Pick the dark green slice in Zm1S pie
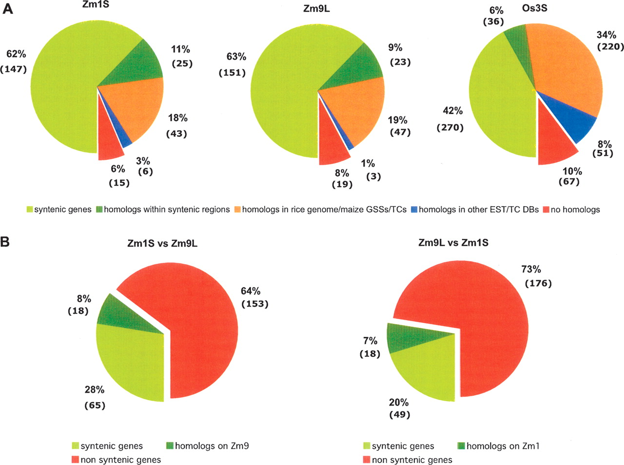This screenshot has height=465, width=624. click(x=136, y=68)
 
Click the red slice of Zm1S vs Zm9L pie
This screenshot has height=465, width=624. click(x=195, y=331)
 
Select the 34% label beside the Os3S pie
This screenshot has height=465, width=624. click(x=606, y=35)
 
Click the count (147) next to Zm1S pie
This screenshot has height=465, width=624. click(x=13, y=69)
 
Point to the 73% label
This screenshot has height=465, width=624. click(x=530, y=269)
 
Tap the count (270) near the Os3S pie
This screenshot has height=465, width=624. click(x=450, y=128)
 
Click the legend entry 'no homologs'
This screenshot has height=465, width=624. click(x=575, y=210)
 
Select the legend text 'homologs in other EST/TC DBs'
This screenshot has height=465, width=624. click(x=478, y=210)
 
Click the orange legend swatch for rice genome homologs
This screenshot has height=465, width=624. click(x=237, y=210)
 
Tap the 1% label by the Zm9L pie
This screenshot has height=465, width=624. click(x=368, y=164)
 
